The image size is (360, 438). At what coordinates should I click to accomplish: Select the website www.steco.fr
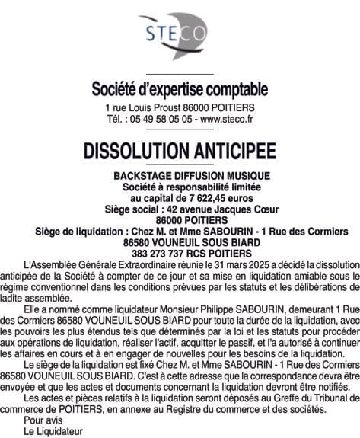pos(226,119)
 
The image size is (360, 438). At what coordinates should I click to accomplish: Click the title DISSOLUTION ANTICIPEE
pos(180,150)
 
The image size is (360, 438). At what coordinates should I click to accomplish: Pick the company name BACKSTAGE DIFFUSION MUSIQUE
pos(180,176)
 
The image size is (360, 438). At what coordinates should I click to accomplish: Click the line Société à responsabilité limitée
pos(180,187)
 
